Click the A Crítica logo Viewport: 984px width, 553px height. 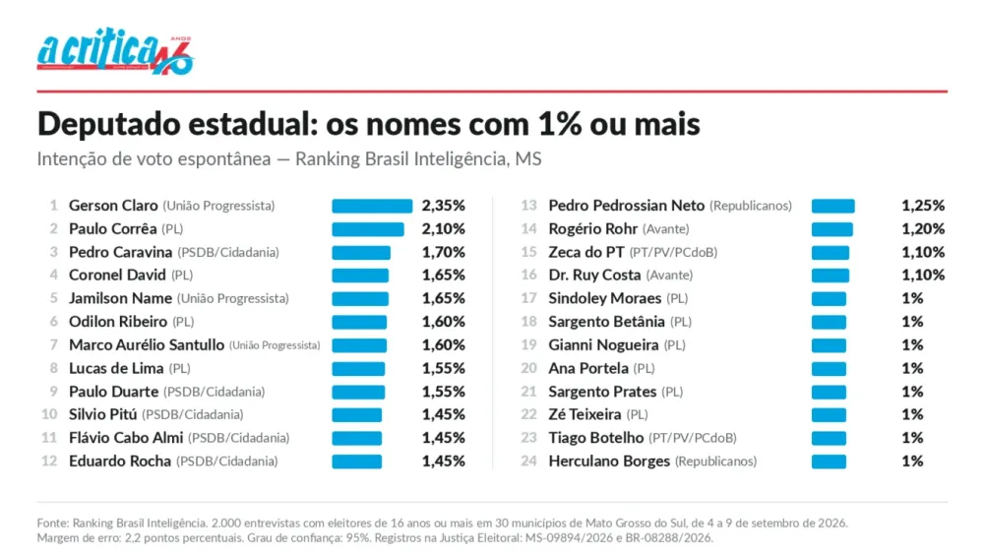[115, 51]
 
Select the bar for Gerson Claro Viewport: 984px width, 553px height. [372, 206]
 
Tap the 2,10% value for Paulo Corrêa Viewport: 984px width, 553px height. [443, 229]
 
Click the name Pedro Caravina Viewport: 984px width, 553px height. [120, 252]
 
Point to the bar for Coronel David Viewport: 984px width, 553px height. [360, 276]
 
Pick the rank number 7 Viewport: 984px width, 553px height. [54, 345]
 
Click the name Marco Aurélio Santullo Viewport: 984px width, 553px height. [147, 345]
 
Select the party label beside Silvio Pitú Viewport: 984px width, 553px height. [193, 415]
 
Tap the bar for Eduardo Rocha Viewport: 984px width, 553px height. [356, 461]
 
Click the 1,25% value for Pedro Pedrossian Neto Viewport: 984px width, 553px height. [923, 206]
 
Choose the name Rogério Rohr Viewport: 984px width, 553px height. [593, 229]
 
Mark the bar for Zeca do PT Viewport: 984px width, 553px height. [830, 252]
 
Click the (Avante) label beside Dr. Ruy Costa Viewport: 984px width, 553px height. [669, 276]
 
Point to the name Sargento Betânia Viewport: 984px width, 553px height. [606, 322]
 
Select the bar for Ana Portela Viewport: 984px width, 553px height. [829, 368]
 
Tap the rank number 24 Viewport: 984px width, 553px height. [529, 461]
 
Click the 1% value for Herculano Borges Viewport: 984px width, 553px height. [912, 461]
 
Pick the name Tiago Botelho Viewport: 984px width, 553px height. [596, 438]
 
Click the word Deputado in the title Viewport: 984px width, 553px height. [108, 125]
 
